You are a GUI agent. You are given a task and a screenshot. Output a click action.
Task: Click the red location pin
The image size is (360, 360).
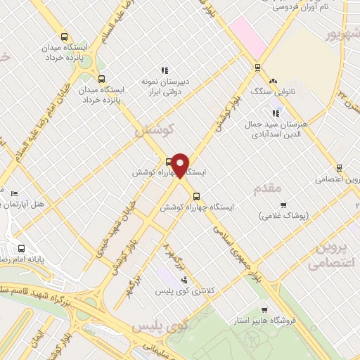(x=181, y=165)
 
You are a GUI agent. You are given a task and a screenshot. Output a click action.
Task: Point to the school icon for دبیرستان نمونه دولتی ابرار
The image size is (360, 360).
(x=164, y=70)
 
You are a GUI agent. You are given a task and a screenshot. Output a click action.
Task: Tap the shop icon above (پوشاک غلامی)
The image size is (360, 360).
(x=283, y=205)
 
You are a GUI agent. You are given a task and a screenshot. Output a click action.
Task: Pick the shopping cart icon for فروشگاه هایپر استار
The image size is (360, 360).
(x=264, y=310)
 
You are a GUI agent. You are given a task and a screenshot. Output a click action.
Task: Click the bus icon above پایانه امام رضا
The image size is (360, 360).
(x=22, y=248)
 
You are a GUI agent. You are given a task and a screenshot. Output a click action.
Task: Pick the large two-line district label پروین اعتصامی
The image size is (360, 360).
(x=335, y=257)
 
